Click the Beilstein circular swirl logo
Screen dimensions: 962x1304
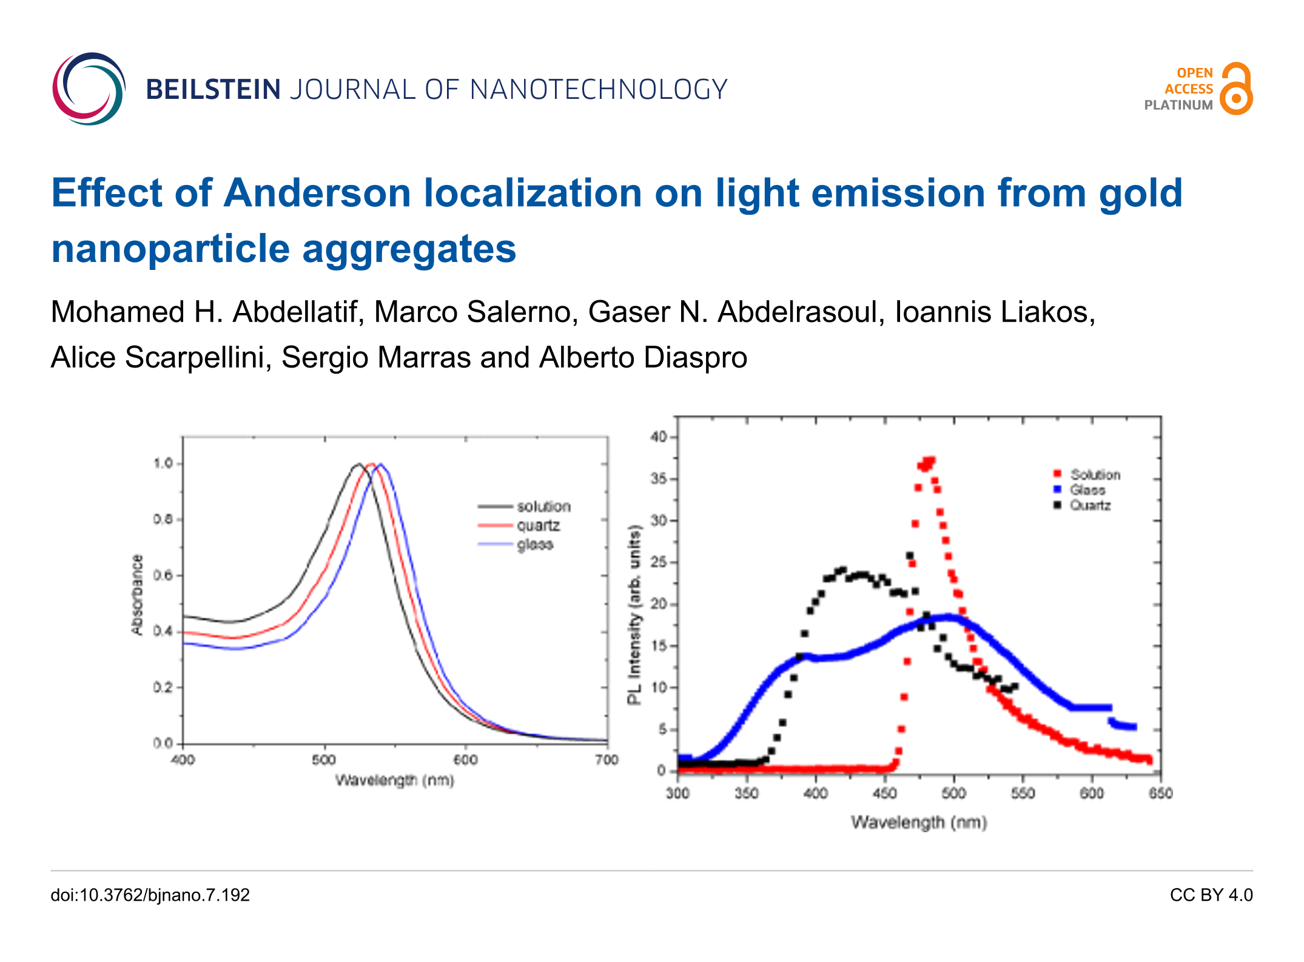89,89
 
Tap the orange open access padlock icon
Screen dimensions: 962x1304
1236,89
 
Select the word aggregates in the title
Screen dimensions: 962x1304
409,249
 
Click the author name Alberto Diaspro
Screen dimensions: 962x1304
643,357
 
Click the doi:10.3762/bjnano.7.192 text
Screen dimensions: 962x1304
150,895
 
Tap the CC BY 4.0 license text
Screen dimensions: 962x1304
1211,895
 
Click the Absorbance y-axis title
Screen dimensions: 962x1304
138,594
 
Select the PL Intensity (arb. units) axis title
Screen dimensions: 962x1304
634,614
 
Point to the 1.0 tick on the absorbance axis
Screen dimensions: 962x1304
163,463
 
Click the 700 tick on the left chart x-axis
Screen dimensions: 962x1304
607,760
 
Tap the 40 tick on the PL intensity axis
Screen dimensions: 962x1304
659,437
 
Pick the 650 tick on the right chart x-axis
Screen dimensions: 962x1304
1160,793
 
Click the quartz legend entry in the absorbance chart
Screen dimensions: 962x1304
538,525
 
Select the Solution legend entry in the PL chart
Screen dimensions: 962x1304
1095,474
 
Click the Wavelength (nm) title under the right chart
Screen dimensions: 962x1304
919,822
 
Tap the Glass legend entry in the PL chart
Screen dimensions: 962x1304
1087,489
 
